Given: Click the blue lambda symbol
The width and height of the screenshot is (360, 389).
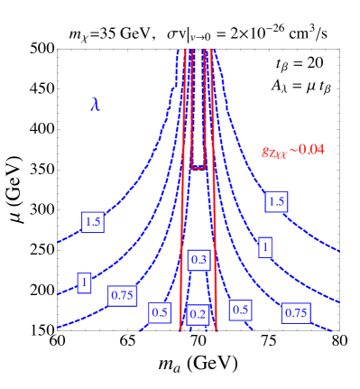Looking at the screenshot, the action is point(95,104).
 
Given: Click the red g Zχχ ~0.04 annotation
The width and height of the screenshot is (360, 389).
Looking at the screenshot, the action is point(292,151).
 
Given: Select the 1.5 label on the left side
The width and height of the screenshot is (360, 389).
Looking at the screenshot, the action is point(92,222).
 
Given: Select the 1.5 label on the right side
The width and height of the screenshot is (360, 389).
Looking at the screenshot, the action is point(276,202).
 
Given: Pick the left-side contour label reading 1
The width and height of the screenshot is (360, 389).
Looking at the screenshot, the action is point(84,282).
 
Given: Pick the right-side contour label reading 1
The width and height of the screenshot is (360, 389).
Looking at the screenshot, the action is point(264,246).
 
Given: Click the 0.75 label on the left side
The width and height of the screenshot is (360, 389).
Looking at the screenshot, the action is point(122,295).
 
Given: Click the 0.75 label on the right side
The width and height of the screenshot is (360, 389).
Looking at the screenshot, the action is point(296,312).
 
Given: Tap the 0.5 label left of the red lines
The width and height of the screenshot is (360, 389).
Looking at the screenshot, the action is point(160,313).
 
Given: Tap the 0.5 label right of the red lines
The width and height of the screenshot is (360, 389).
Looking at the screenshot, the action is point(240,310).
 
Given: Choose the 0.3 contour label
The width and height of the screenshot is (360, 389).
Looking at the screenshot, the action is point(198,261).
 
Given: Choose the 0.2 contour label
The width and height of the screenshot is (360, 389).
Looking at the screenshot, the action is point(198,314).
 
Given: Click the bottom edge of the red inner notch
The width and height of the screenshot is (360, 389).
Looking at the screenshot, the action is point(198,168).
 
